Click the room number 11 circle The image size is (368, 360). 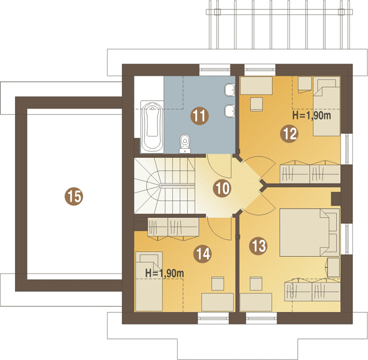[x=199, y=116]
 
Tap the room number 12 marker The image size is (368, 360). [x=289, y=134]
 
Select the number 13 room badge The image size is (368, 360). [x=258, y=246]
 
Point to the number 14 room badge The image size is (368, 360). [x=202, y=254]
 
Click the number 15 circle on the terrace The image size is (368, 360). [x=74, y=197]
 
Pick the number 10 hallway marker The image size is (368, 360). [x=222, y=188]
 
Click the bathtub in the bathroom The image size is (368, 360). [x=152, y=127]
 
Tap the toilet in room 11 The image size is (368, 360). [x=185, y=143]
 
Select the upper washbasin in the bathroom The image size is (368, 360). [x=229, y=90]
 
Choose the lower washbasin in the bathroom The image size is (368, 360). [x=229, y=111]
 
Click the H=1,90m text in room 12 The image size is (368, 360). [x=312, y=116]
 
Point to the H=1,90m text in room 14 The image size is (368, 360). [x=164, y=273]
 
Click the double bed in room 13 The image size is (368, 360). [x=309, y=232]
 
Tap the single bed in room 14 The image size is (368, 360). [x=148, y=281]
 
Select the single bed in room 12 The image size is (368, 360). [x=326, y=107]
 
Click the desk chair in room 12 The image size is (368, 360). [x=256, y=104]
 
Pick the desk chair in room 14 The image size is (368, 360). [x=217, y=284]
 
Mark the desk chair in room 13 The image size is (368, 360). [x=256, y=284]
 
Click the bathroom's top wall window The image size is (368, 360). [x=215, y=70]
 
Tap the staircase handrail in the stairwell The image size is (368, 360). [x=177, y=185]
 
